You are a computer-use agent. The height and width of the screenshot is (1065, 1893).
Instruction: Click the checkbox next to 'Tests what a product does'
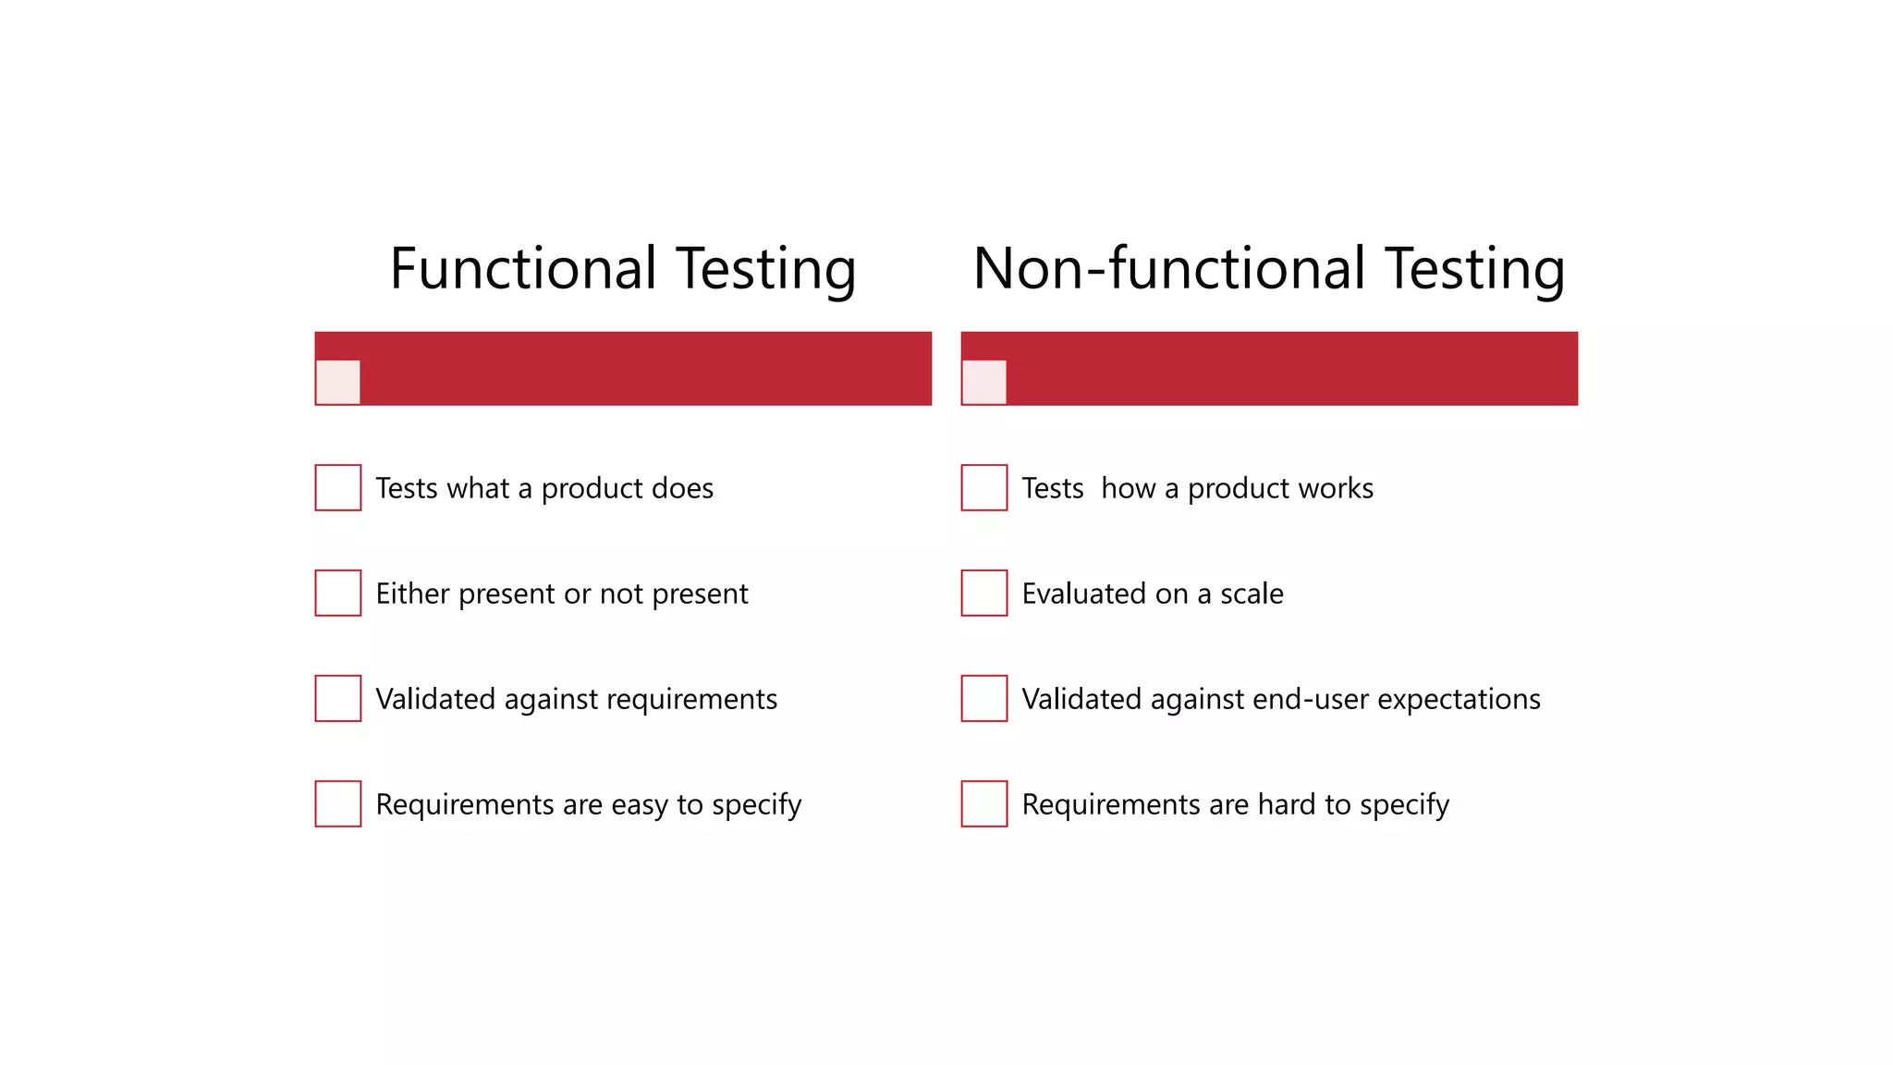338,487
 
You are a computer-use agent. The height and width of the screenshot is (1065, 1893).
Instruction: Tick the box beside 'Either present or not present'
338,593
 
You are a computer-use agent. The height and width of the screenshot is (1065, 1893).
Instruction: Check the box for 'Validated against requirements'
338,698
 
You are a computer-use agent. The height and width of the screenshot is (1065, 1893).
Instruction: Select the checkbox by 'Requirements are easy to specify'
338,803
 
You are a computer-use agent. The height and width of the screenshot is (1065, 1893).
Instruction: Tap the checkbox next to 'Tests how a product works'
984,487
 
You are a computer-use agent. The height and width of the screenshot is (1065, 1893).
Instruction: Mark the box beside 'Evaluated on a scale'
984,593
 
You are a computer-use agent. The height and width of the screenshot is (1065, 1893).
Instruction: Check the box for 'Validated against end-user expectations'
984,698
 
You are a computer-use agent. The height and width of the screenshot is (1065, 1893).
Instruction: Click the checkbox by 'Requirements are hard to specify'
984,803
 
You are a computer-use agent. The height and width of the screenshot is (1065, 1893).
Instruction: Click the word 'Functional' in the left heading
523,269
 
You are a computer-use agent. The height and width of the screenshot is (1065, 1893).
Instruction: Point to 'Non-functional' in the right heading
1169,269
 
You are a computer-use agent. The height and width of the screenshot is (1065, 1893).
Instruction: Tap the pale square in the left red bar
337,382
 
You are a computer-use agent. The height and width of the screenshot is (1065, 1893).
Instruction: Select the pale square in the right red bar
983,382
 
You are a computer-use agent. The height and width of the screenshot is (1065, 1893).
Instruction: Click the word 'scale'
1252,594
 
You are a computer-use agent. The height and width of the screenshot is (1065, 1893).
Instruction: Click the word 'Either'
412,594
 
